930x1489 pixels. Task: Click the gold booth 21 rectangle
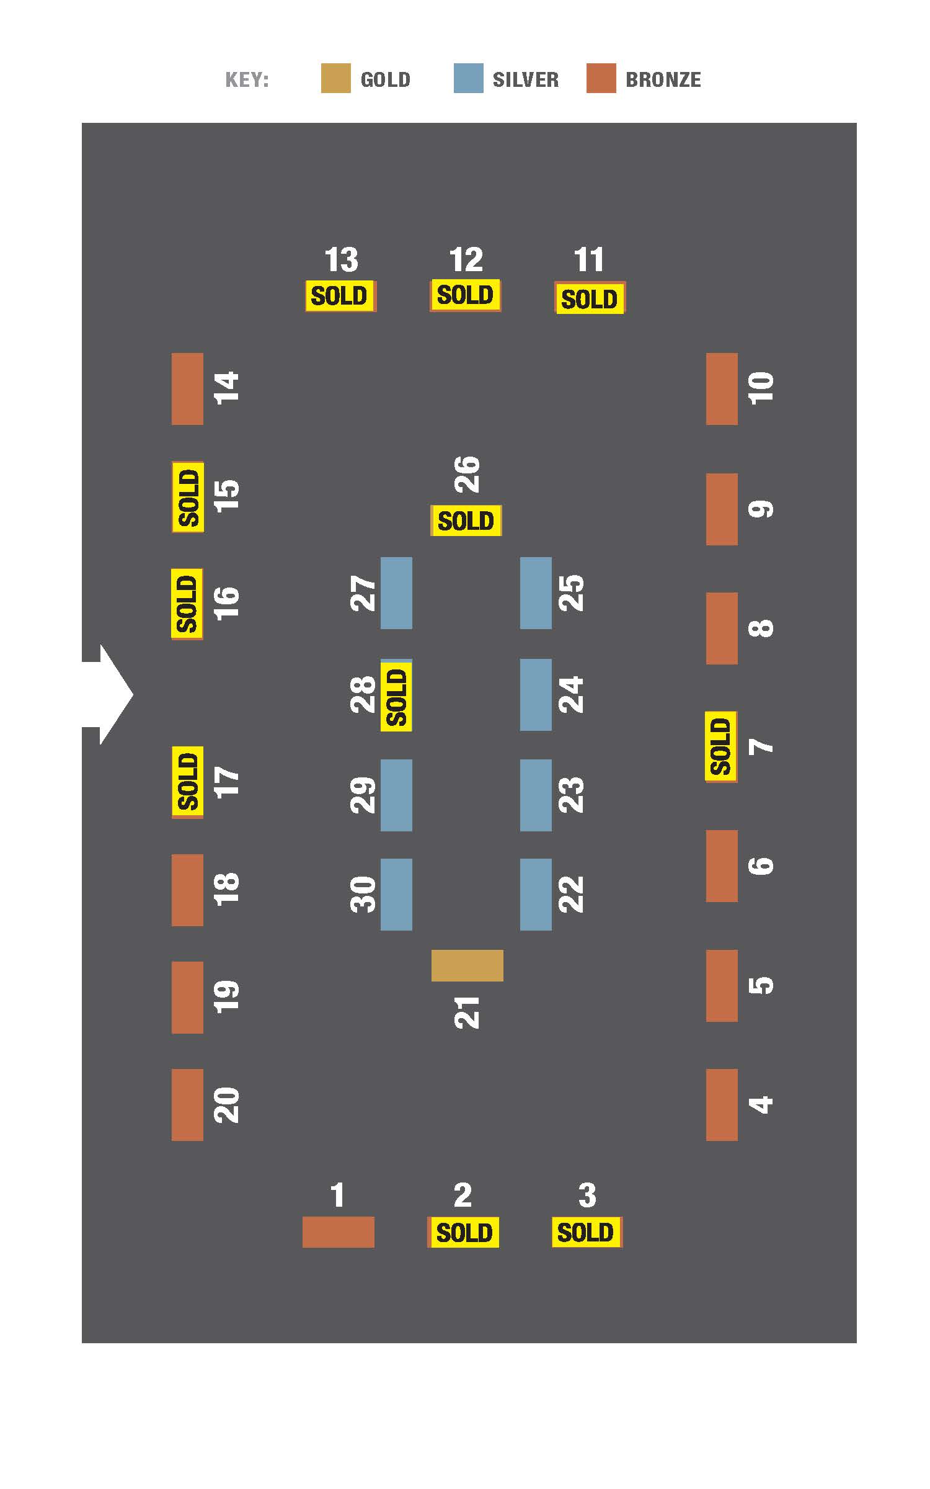point(467,965)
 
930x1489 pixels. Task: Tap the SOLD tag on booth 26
point(466,521)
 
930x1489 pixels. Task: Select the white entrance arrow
point(107,694)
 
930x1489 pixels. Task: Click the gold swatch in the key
point(335,78)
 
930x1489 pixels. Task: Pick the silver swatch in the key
point(468,78)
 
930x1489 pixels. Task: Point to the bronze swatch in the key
point(601,78)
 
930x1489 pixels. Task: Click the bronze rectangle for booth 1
point(338,1232)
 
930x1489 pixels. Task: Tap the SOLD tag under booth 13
point(340,296)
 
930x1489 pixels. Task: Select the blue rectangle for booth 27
point(396,593)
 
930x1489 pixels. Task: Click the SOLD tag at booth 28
point(396,696)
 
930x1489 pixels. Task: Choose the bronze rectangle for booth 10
point(722,389)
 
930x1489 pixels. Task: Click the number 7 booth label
point(761,746)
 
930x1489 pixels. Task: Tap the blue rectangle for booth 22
point(536,894)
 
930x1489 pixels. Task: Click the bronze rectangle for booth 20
point(187,1104)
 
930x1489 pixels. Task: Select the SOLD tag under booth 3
point(587,1232)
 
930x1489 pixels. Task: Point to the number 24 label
point(571,695)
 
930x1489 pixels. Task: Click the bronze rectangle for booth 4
point(722,1104)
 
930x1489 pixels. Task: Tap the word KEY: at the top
point(247,80)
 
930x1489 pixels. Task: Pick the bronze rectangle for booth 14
point(187,389)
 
